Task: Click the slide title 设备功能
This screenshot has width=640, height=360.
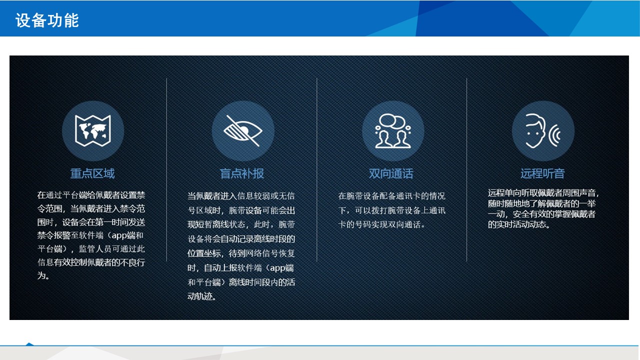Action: pos(47,20)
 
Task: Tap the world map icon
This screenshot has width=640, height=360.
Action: pos(93,131)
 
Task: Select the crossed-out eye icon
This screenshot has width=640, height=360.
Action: pos(243,131)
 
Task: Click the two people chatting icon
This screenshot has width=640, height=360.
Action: pos(393,131)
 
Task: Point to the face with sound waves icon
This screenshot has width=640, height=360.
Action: pos(542,131)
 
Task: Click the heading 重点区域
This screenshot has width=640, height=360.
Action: pos(92,173)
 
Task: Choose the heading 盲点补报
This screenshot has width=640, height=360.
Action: pos(241,173)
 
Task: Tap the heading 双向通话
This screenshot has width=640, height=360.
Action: pos(391,173)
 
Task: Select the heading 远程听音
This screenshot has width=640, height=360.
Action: pos(542,173)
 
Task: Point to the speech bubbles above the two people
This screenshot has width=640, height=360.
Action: pos(392,121)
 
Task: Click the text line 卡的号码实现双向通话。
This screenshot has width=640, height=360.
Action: pos(381,225)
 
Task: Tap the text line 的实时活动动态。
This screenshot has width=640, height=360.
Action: pos(519,224)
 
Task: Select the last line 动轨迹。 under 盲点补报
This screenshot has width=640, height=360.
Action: pos(201,296)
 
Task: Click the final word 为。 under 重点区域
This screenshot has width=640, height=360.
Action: pos(43,275)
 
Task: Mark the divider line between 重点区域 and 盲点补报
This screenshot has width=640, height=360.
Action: pos(166,169)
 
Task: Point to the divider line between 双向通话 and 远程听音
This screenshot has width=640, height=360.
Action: pos(466,169)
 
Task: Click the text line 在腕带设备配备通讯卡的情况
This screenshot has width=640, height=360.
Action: pos(391,196)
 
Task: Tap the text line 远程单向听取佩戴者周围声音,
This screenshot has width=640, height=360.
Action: pos(543,193)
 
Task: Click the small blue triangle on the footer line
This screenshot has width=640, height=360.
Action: pos(29,344)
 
